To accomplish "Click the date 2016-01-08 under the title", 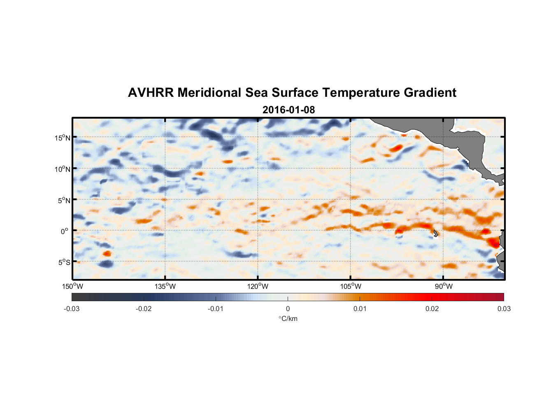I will point(288,110).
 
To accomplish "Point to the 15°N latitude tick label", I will point(62,138).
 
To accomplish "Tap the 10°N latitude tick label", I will point(62,169).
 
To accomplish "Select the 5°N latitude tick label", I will point(64,200).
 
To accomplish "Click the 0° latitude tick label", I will point(65,231).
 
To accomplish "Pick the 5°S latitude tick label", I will point(64,262).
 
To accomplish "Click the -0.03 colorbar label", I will point(72,309).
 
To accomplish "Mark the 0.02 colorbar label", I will point(432,309).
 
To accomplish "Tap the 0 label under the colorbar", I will point(288,309).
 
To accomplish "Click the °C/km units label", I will point(288,319).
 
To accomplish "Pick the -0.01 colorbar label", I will point(216,309).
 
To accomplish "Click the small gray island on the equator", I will point(436,233).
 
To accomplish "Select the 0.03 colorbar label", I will point(504,309).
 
